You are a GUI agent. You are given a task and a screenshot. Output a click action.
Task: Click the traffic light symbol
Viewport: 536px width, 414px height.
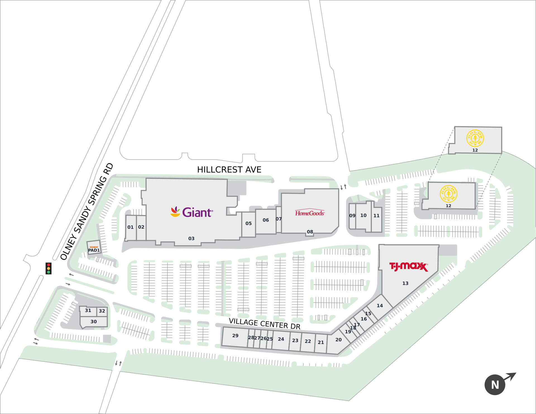(49, 268)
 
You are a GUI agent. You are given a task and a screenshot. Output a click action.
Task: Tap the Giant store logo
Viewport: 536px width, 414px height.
(192, 212)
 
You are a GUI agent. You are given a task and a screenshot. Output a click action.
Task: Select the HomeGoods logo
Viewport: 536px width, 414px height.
(310, 213)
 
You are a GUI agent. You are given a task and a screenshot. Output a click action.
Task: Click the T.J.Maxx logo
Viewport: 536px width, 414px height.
(409, 267)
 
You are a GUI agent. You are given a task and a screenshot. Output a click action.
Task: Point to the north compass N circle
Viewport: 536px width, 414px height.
(495, 385)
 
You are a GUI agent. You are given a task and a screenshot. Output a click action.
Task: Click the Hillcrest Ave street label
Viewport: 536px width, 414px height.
(229, 170)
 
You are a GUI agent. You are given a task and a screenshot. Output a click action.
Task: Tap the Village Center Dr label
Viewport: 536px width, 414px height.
(264, 324)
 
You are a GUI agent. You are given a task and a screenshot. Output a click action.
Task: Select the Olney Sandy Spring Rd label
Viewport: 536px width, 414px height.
(87, 211)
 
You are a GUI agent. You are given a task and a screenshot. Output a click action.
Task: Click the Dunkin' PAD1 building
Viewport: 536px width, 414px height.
(94, 248)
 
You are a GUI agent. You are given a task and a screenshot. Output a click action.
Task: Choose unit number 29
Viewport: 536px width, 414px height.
(235, 336)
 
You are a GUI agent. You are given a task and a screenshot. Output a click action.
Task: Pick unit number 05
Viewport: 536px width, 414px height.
(248, 223)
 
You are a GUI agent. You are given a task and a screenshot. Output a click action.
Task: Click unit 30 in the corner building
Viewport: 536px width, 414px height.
(94, 322)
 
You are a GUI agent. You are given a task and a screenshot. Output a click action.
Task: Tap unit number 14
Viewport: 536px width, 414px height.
(380, 306)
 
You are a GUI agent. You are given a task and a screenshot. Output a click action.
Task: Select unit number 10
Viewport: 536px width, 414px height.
(363, 215)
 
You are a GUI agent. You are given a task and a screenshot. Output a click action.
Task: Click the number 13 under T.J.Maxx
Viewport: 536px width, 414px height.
(405, 283)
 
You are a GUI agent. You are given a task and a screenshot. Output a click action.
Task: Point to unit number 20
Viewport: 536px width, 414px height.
(338, 340)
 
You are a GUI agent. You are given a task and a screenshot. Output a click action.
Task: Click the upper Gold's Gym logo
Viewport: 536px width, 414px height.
(475, 138)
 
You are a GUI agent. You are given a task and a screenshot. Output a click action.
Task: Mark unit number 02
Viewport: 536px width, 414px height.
(141, 227)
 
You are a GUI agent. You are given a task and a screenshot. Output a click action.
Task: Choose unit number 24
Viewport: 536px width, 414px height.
(281, 339)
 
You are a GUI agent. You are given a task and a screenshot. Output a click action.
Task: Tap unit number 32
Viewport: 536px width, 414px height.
(102, 311)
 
